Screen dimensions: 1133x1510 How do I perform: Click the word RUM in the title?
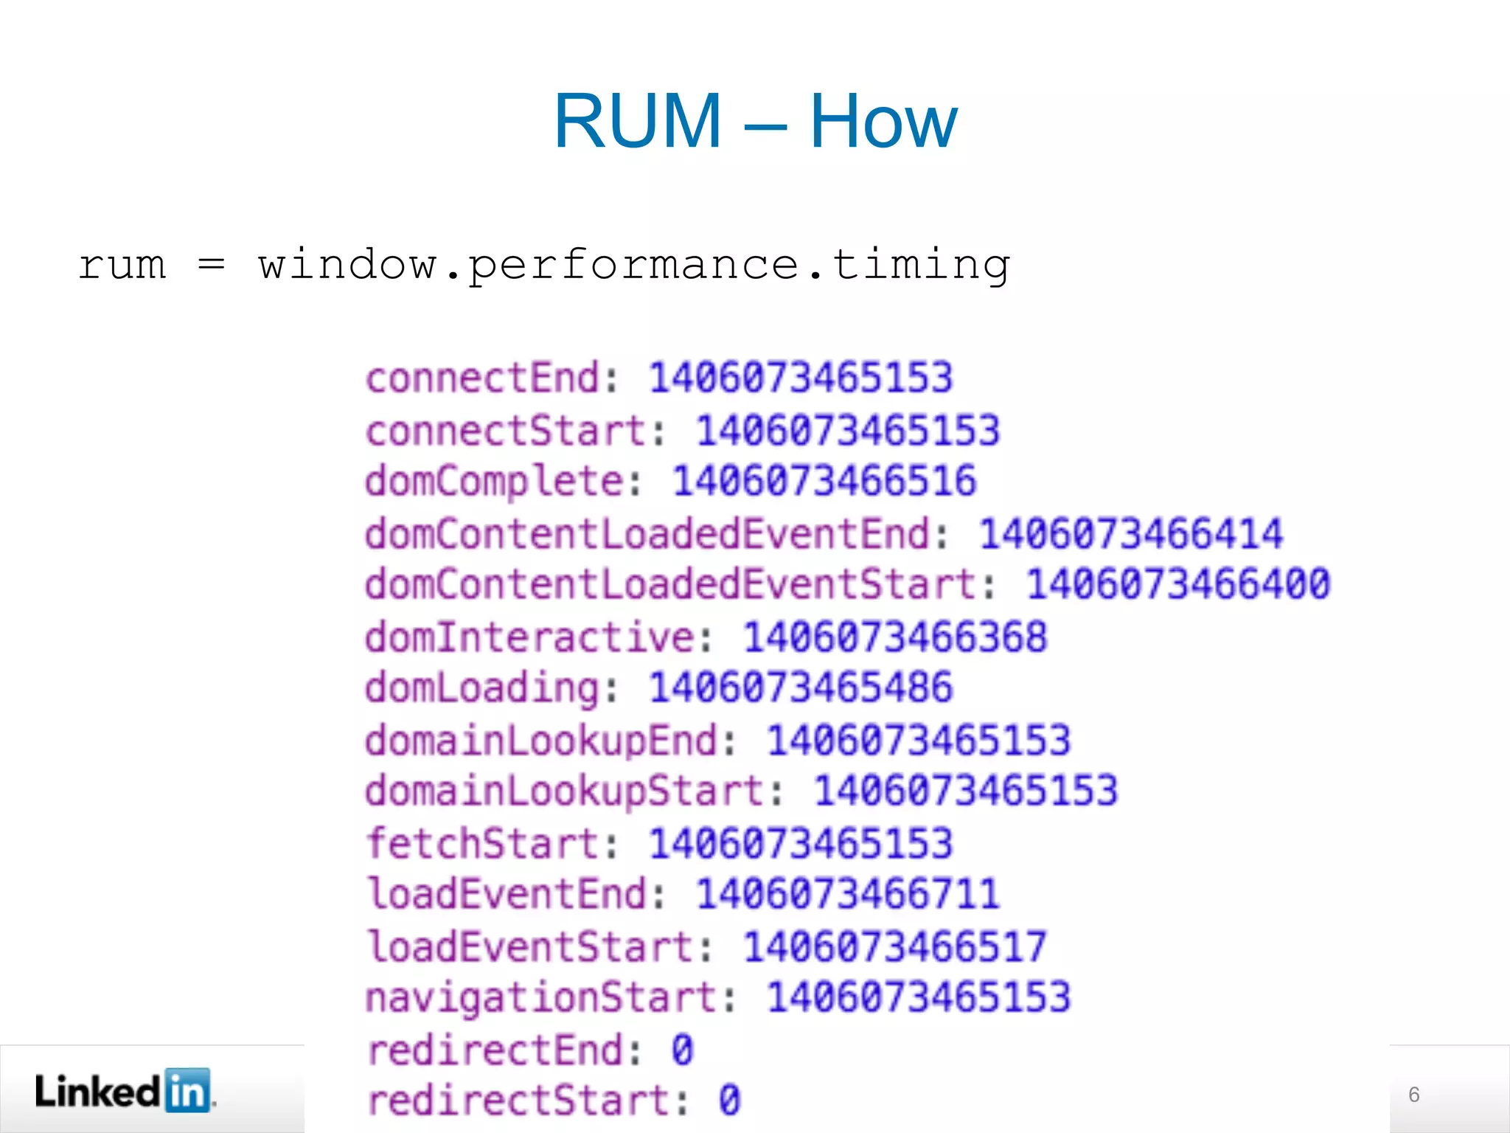(638, 121)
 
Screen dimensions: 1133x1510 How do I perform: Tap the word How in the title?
(883, 121)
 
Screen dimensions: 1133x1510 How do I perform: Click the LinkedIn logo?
(124, 1090)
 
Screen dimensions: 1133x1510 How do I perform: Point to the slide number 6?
(1413, 1095)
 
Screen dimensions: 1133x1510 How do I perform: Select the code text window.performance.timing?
(634, 266)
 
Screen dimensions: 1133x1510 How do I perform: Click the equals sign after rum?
(211, 266)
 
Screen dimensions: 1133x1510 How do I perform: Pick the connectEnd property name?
(483, 378)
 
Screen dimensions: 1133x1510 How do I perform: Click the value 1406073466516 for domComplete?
(824, 482)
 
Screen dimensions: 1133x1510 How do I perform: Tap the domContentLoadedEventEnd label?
(647, 533)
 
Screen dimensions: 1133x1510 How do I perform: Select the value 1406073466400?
(1178, 584)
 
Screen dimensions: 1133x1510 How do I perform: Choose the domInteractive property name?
(530, 637)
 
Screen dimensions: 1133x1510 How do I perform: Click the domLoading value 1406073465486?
(801, 687)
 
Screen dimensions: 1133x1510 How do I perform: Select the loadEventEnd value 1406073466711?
(848, 894)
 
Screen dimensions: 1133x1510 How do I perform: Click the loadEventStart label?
(530, 946)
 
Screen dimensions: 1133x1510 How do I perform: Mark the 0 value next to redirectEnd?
(682, 1050)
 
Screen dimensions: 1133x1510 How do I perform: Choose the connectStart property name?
(507, 431)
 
